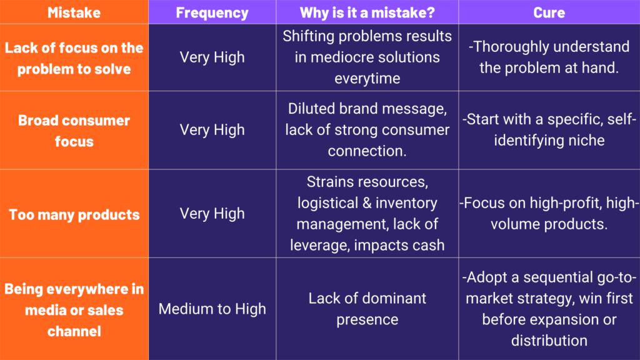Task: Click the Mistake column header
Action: pyautogui.click(x=74, y=12)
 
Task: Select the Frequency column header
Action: pyautogui.click(x=212, y=12)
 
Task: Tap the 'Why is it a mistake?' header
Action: pyautogui.click(x=367, y=12)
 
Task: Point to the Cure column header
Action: pyautogui.click(x=549, y=12)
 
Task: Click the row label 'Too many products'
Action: pyautogui.click(x=74, y=215)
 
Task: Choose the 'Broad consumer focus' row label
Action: pyautogui.click(x=74, y=131)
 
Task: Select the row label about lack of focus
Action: pyautogui.click(x=74, y=58)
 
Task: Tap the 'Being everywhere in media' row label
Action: pyautogui.click(x=74, y=310)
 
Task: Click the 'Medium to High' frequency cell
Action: pyautogui.click(x=212, y=309)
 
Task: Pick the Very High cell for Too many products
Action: pyautogui.click(x=212, y=214)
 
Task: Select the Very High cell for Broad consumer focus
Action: pyautogui.click(x=212, y=130)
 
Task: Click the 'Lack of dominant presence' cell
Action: pyautogui.click(x=367, y=309)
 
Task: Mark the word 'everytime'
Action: pyautogui.click(x=367, y=79)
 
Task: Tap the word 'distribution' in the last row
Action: pyautogui.click(x=549, y=341)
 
